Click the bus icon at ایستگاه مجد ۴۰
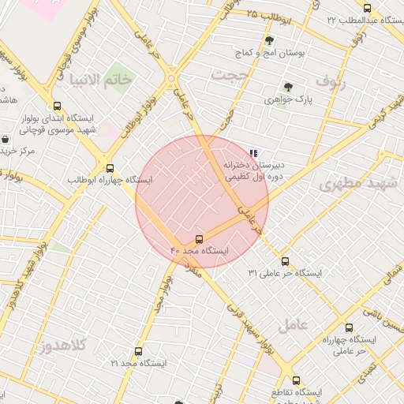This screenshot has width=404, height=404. tap(199, 238)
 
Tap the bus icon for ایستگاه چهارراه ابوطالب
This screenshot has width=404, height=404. tap(110, 168)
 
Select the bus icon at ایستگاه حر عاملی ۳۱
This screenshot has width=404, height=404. tap(285, 261)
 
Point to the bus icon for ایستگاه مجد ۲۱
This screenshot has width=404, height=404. tap(139, 351)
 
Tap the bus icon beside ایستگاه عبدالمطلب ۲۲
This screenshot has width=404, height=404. tap(367, 8)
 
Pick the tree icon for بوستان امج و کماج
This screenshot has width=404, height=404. tap(270, 40)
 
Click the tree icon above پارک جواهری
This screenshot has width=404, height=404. tap(288, 88)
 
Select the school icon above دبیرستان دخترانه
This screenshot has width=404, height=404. tap(253, 153)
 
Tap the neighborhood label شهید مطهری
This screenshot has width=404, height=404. tap(357, 184)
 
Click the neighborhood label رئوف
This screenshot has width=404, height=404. tap(331, 80)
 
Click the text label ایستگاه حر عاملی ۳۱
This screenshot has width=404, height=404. tap(285, 273)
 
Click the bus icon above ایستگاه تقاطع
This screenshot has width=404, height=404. tap(296, 380)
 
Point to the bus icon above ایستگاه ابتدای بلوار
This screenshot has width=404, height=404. tap(56, 106)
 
